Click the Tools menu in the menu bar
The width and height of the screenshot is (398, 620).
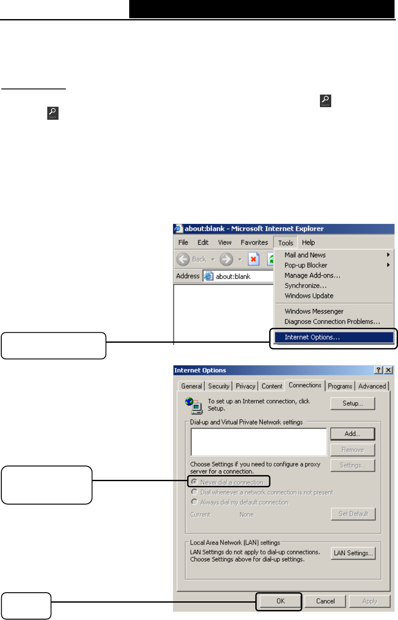click(x=286, y=243)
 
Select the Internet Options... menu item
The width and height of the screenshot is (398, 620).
click(x=312, y=337)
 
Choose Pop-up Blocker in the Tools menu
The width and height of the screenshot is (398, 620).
click(x=306, y=265)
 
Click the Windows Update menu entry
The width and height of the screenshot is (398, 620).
click(x=309, y=296)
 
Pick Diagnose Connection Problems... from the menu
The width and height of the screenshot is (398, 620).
click(x=332, y=321)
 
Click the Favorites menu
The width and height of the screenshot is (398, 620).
click(x=254, y=243)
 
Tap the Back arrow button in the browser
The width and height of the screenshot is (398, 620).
click(x=183, y=259)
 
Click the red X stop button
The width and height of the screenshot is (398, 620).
click(x=254, y=259)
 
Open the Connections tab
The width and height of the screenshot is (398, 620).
click(x=305, y=385)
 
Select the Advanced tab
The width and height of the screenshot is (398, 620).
click(x=372, y=386)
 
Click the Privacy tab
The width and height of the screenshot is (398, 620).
click(x=245, y=386)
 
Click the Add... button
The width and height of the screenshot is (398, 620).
click(x=352, y=434)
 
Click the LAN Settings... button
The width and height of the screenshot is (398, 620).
click(x=353, y=553)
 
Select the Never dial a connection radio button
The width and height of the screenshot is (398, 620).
click(x=195, y=482)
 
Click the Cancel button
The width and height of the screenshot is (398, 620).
click(x=325, y=601)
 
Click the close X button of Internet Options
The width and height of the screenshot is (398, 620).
click(x=388, y=370)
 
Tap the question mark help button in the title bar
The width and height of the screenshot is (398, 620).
click(x=379, y=370)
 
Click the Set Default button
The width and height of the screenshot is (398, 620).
click(x=353, y=514)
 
